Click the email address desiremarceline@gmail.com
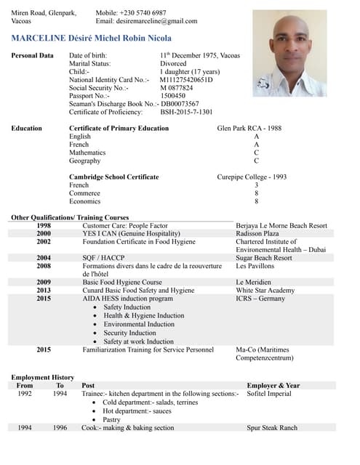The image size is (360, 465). pyautogui.click(x=146, y=21)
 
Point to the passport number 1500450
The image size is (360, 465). pyautogui.click(x=172, y=96)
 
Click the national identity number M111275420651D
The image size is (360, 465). pyautogui.click(x=185, y=80)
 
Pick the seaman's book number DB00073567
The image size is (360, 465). pyautogui.click(x=180, y=104)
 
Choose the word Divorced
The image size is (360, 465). pyautogui.click(x=173, y=64)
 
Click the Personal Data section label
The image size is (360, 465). pyautogui.click(x=32, y=56)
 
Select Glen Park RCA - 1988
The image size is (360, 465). pyautogui.click(x=249, y=129)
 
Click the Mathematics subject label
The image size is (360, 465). pyautogui.click(x=87, y=153)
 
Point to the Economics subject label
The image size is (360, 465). pyautogui.click(x=84, y=201)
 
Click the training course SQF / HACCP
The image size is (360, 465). pyautogui.click(x=103, y=258)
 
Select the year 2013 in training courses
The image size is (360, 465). pyautogui.click(x=44, y=290)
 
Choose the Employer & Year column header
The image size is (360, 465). pyautogui.click(x=273, y=386)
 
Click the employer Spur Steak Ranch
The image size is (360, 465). pyautogui.click(x=272, y=428)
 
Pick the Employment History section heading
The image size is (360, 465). pyautogui.click(x=43, y=378)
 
